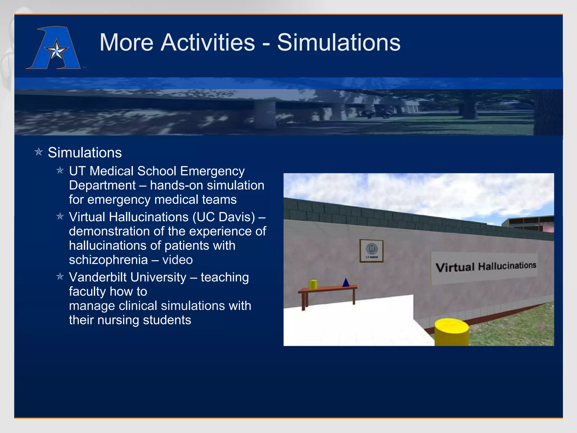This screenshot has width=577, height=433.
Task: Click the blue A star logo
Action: click(54, 48)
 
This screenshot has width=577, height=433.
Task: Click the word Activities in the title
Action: click(207, 43)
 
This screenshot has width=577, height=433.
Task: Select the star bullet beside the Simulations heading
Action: click(39, 152)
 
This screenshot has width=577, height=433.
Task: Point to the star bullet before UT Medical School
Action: click(60, 170)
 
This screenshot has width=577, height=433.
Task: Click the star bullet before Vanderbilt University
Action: click(60, 277)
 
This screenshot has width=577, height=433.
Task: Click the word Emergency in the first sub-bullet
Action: click(212, 171)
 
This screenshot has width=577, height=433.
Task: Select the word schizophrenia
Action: click(108, 260)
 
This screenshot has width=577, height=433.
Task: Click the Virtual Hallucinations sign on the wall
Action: click(485, 267)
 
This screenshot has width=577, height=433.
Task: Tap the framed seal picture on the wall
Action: click(371, 251)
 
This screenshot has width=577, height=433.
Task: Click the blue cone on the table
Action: click(346, 282)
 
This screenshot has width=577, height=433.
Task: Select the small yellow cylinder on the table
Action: click(313, 284)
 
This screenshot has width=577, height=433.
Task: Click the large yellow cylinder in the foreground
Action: click(451, 333)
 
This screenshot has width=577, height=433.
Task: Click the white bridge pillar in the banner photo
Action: click(265, 114)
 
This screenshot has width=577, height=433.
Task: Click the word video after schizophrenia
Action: click(177, 260)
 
